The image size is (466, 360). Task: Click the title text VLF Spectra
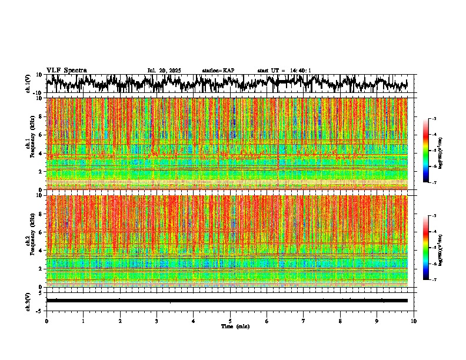pos(66,70)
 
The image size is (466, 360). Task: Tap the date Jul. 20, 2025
pos(164,71)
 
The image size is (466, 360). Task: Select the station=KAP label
pos(218,71)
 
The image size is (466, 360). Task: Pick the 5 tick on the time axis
pos(230,321)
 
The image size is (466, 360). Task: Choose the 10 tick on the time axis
pos(414,321)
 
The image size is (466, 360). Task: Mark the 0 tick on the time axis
pos(46,321)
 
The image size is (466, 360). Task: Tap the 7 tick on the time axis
pos(304,321)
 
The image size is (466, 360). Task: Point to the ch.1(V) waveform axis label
pos(28,83)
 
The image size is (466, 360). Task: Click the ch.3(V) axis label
pos(28,300)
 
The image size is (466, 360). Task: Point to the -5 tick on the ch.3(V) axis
pos(40,310)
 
